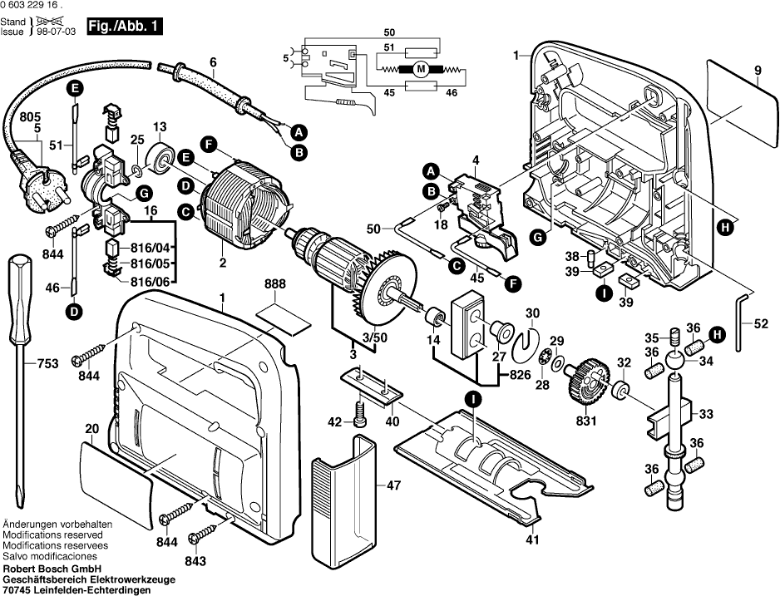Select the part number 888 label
tap(274, 284)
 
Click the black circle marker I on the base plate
tap(471, 401)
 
